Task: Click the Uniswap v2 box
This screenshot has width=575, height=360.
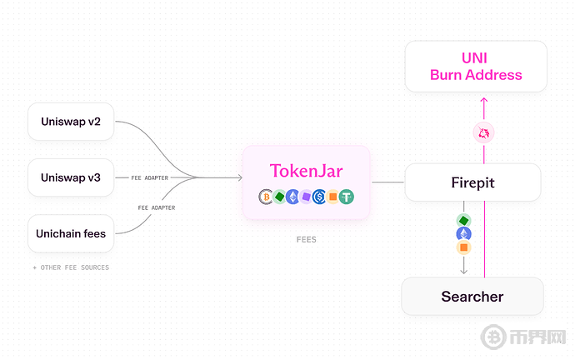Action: point(71,122)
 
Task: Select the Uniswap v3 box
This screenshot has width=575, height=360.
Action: point(71,177)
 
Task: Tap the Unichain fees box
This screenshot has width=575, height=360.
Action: point(71,233)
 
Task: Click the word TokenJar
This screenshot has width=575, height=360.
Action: point(306,171)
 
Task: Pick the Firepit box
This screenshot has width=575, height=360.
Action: point(472,182)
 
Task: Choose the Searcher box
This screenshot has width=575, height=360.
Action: point(472,296)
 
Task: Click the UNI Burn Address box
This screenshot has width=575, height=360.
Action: point(476,66)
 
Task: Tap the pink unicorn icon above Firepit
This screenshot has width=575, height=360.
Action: point(483,132)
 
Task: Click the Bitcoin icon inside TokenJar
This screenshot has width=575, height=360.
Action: point(266,197)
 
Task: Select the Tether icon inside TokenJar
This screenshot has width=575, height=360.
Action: point(347,197)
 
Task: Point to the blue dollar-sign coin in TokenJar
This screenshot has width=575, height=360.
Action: point(319,197)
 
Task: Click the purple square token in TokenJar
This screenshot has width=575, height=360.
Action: point(306,197)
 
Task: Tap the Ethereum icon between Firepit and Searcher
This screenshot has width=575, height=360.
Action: point(463,234)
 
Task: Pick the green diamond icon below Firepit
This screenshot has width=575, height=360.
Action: point(463,220)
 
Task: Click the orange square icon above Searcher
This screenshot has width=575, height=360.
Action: point(463,247)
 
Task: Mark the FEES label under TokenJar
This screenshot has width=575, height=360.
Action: point(306,240)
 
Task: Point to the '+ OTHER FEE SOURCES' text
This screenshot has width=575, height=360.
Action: point(71,267)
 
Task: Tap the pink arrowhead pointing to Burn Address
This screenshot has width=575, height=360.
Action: point(483,101)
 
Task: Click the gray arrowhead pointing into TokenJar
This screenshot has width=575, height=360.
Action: point(238,177)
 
